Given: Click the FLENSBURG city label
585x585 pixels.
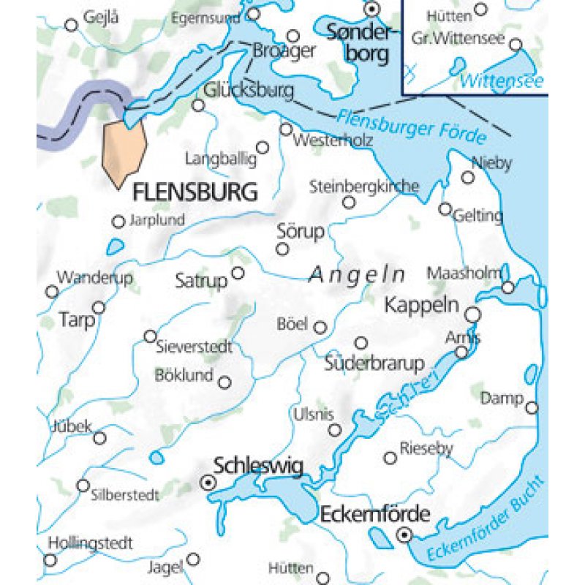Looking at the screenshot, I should click(x=195, y=192).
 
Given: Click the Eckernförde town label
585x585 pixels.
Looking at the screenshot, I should click(x=374, y=514).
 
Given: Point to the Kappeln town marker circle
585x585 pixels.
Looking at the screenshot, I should click(x=473, y=314).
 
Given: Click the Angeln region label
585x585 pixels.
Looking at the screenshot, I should click(x=357, y=275).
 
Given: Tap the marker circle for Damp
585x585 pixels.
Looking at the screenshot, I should click(x=532, y=407).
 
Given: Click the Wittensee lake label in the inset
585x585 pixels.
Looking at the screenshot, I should click(x=503, y=80).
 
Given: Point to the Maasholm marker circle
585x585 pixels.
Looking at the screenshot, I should click(x=508, y=288).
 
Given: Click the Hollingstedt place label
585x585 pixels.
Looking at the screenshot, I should click(x=90, y=543).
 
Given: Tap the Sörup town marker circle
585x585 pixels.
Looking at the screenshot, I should click(x=282, y=249).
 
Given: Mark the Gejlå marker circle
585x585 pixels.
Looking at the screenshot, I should click(x=71, y=25).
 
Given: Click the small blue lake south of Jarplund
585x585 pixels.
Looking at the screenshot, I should click(x=115, y=248).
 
